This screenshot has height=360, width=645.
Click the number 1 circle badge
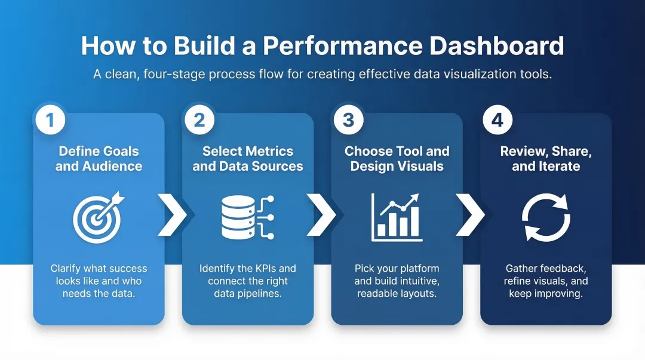point(51,120)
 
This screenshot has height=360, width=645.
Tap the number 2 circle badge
point(199,120)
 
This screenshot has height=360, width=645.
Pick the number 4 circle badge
point(497,120)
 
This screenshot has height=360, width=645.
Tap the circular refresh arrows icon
point(546,217)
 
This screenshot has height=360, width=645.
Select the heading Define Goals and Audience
point(99,158)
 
